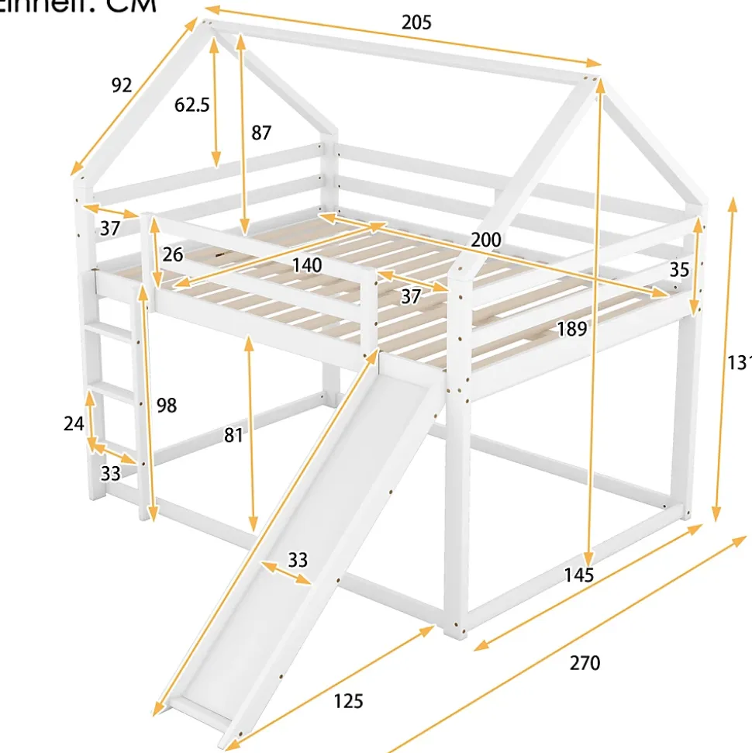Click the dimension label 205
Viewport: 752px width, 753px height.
[416, 22]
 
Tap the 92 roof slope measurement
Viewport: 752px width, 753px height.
[122, 85]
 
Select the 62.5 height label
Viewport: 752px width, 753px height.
[191, 105]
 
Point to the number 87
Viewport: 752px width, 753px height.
[261, 133]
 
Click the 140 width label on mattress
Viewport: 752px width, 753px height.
[307, 265]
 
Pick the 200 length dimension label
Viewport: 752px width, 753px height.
[485, 240]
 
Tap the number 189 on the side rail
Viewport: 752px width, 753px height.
[571, 329]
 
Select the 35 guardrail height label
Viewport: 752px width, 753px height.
[679, 270]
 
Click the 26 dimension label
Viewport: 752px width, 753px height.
[173, 254]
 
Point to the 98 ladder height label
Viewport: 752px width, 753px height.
[166, 405]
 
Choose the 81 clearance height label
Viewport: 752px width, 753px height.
[233, 436]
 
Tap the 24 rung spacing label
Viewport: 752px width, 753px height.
[74, 423]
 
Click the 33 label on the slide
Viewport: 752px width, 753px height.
[298, 559]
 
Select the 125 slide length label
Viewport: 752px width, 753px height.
[348, 702]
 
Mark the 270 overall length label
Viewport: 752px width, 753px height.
[585, 663]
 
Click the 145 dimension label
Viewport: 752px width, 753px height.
[578, 575]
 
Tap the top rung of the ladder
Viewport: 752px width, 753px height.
[109, 331]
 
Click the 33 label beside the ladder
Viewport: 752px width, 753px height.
[111, 472]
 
